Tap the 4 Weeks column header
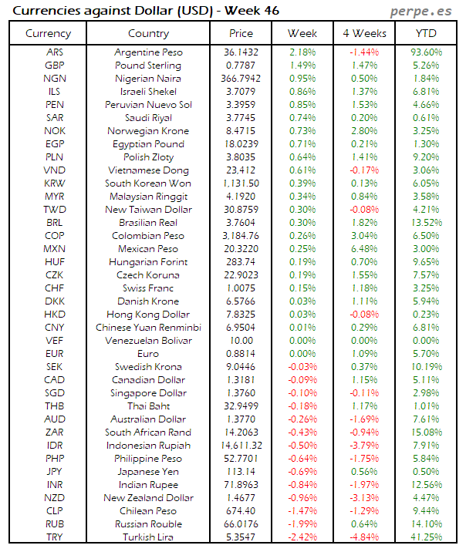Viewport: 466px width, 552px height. click(x=363, y=33)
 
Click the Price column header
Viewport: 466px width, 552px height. click(x=241, y=33)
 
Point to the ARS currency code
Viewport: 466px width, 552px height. click(x=55, y=52)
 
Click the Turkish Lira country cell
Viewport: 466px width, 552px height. click(x=148, y=537)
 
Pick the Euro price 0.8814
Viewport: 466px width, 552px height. click(x=241, y=353)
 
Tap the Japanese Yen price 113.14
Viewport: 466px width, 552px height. click(x=241, y=471)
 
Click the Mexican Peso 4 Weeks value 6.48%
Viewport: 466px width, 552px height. click(x=363, y=248)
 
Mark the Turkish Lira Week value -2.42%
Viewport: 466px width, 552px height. click(x=302, y=537)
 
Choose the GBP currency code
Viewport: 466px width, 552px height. click(x=55, y=66)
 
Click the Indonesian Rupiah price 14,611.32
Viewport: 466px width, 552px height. click(x=241, y=445)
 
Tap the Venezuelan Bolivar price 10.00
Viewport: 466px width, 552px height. click(x=241, y=340)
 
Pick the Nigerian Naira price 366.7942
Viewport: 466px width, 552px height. click(x=241, y=78)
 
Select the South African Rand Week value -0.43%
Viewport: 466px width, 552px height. click(x=302, y=432)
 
